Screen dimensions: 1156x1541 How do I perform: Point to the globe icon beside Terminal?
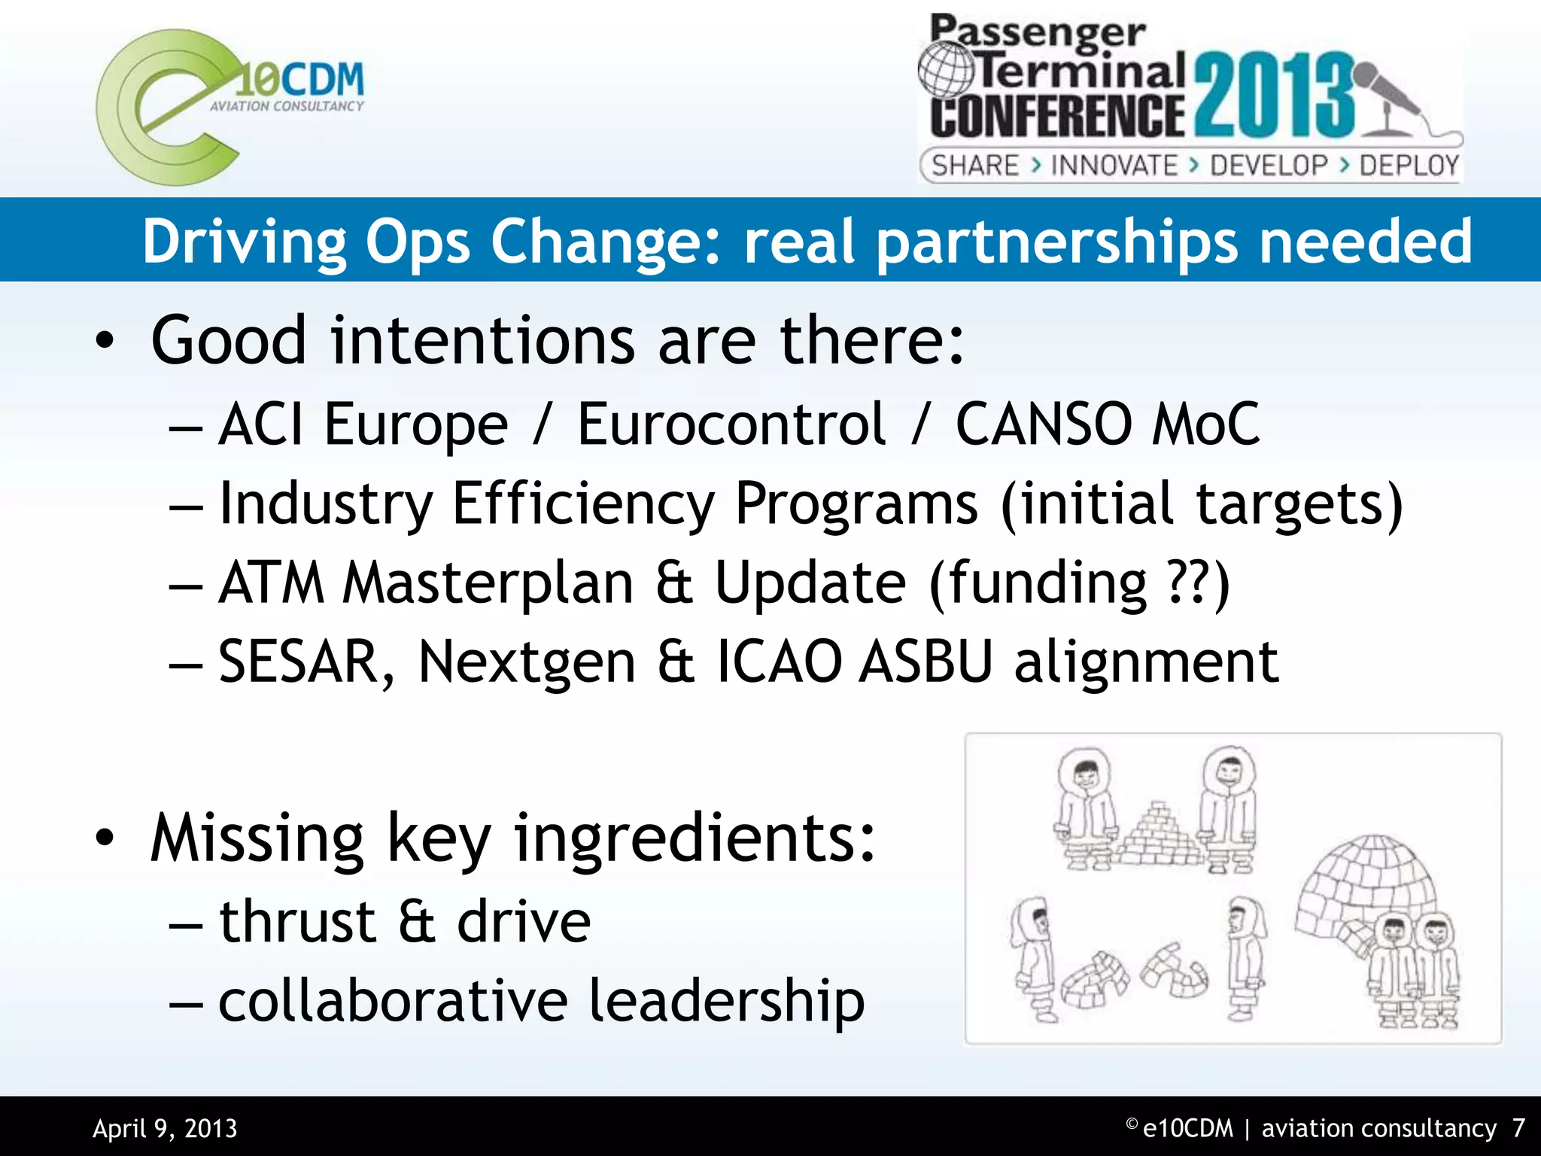point(947,69)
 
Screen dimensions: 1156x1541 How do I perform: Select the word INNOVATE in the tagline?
point(1114,166)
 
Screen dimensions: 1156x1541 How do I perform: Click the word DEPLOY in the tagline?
point(1409,166)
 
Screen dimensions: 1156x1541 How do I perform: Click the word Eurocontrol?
point(731,424)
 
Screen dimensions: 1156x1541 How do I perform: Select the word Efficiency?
point(583,503)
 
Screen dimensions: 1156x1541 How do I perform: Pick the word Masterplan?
point(488,583)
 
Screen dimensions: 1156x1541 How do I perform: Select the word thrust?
point(297,921)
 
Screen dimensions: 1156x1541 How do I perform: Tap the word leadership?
point(726,1002)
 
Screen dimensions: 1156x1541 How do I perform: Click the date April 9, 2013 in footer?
point(165,1128)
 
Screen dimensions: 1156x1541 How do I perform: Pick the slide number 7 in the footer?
point(1518,1128)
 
